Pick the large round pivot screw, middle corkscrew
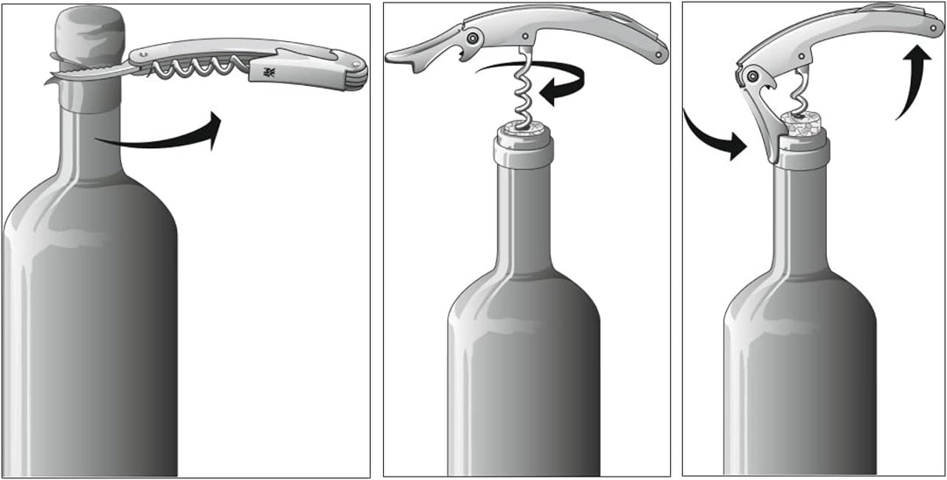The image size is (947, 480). [473, 39]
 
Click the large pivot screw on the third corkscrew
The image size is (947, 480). [751, 77]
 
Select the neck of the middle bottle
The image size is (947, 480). [524, 219]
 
